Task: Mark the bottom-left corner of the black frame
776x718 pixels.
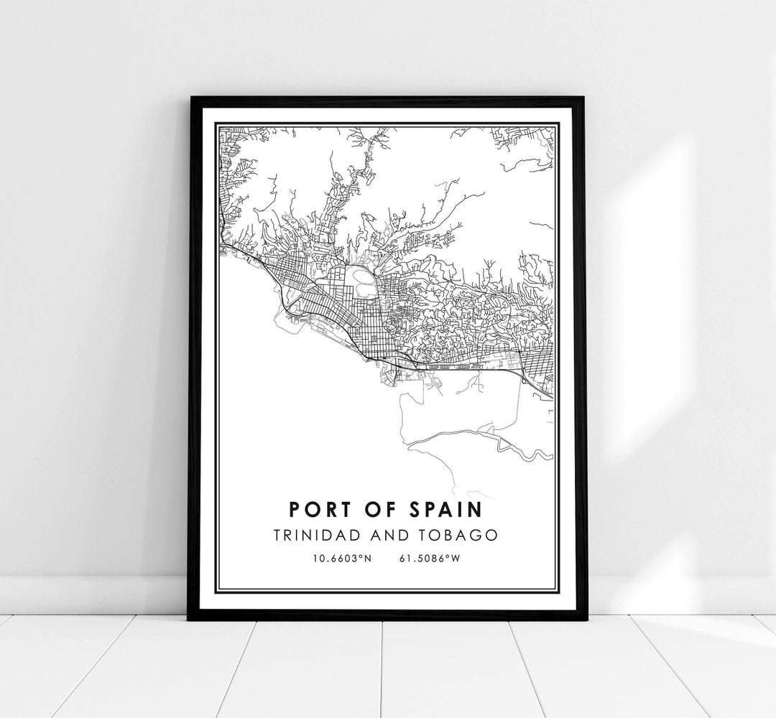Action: tap(189, 619)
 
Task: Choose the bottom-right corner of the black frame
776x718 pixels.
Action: tap(586, 619)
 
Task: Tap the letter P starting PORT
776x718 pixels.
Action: tap(293, 509)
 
